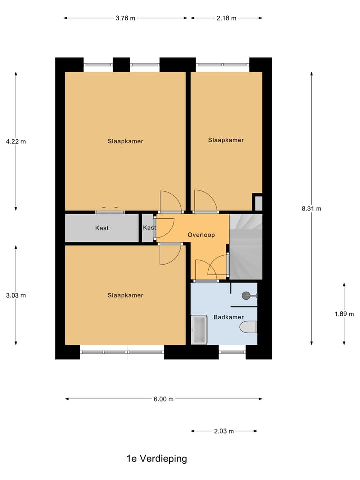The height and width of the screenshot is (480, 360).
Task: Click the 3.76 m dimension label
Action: click(x=125, y=18)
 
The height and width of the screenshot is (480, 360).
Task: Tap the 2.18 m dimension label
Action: click(x=226, y=18)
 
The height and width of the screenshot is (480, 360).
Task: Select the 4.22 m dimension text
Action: click(x=16, y=141)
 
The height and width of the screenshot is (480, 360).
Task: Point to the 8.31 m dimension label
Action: click(x=311, y=209)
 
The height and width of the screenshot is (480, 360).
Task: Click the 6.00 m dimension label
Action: click(x=163, y=399)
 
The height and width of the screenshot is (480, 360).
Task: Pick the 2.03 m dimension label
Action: click(x=224, y=431)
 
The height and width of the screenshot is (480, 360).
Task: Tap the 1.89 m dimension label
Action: click(x=344, y=314)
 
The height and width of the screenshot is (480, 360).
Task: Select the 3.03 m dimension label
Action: click(x=16, y=295)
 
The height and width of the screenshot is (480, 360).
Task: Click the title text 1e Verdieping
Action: click(x=156, y=459)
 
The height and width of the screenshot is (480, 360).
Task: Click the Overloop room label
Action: click(x=201, y=235)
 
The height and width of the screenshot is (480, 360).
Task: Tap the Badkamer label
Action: click(x=229, y=317)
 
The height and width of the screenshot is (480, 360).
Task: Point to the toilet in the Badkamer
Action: click(x=248, y=327)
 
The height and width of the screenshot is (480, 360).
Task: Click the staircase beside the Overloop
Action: click(x=245, y=247)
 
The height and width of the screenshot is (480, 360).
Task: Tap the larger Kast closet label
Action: click(x=102, y=228)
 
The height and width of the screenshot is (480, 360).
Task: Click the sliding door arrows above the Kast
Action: click(x=110, y=207)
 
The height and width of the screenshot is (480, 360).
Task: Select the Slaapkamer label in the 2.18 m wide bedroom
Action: click(x=226, y=140)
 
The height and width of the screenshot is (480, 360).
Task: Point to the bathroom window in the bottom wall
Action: click(x=232, y=352)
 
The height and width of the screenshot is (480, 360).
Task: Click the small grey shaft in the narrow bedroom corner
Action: click(x=258, y=203)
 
